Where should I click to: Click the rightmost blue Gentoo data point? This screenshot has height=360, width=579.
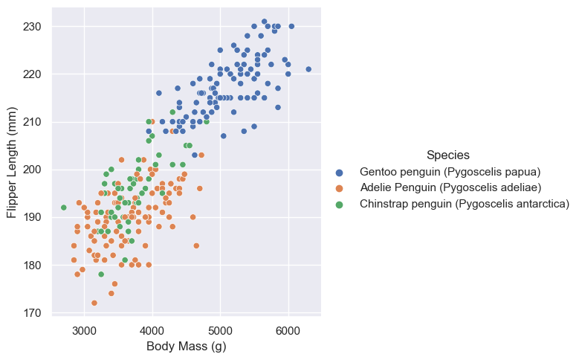(x=308, y=69)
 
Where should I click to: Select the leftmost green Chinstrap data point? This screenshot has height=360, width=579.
(x=64, y=208)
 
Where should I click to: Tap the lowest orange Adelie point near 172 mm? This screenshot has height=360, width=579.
(x=94, y=303)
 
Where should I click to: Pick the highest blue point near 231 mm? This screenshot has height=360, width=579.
(x=264, y=22)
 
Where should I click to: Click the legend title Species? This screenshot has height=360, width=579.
(x=447, y=155)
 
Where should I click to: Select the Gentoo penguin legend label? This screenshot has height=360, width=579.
(x=450, y=172)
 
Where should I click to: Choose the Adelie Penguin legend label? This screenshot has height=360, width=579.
(x=450, y=187)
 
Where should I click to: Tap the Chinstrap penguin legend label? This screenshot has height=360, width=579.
(x=465, y=203)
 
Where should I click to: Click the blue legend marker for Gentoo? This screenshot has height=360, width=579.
(x=340, y=172)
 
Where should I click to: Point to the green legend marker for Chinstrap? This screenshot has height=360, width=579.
(x=340, y=203)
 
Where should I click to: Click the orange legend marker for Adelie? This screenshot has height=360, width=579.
(x=340, y=187)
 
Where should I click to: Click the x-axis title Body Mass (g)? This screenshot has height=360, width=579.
(x=187, y=346)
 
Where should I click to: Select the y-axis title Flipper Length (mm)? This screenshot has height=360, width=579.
(x=12, y=160)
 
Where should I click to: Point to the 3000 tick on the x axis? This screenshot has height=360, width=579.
(x=84, y=330)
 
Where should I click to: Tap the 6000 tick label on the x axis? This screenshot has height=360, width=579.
(x=288, y=330)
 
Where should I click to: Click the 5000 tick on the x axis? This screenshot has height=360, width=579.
(x=220, y=330)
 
